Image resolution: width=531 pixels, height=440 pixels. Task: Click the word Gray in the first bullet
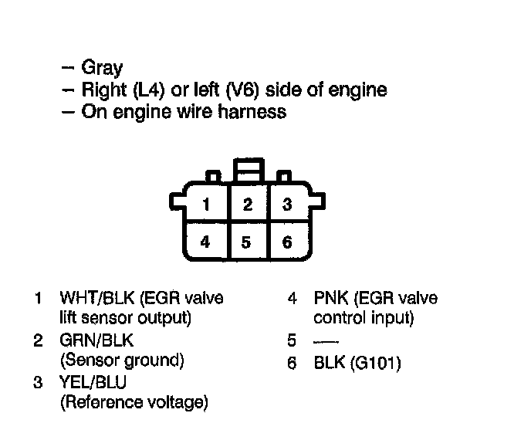coord(102,69)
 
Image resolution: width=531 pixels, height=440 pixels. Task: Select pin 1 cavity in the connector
coord(205,205)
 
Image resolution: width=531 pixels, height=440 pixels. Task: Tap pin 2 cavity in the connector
coord(247,205)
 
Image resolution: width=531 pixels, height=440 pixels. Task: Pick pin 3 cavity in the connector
coord(287,205)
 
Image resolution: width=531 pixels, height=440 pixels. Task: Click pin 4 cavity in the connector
coord(205,242)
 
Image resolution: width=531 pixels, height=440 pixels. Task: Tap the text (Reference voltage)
coord(134,402)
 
